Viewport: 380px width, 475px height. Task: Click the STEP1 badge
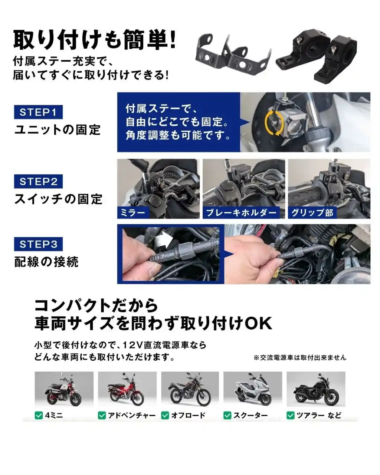pos(38,112)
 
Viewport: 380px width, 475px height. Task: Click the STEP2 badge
pos(38,181)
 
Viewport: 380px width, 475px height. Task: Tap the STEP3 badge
pos(38,244)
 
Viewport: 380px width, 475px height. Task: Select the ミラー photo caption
pos(133,213)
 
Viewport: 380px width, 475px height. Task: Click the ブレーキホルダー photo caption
pos(241,213)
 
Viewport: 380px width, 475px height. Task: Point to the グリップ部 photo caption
pos(312,213)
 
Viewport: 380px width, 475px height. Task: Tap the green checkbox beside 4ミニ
pos(39,415)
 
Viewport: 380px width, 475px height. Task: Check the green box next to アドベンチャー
pos(102,415)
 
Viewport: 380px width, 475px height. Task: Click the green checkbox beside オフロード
pos(165,415)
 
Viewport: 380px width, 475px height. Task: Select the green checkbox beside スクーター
pos(227,415)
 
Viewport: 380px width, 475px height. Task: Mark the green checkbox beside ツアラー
pos(291,415)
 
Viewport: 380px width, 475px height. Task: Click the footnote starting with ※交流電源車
pos(300,358)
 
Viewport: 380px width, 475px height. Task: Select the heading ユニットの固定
pos(58,130)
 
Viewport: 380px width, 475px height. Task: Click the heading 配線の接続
pos(46,262)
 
